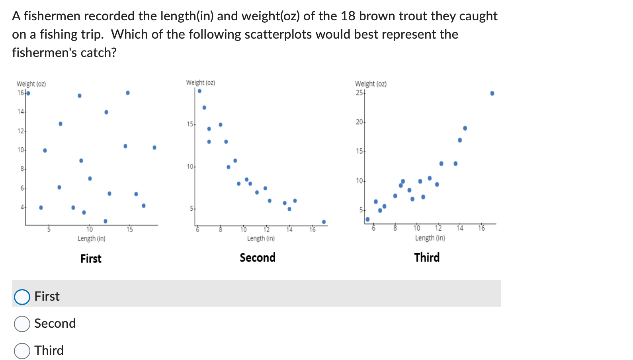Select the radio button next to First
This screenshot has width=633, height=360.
tap(22, 297)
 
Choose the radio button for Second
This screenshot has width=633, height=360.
tap(22, 324)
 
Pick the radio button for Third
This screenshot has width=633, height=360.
tap(22, 351)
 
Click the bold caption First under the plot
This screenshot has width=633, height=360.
tap(91, 258)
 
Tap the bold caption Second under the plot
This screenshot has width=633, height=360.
tap(257, 258)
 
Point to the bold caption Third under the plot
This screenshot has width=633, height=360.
tap(427, 258)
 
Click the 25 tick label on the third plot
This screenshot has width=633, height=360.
tap(359, 93)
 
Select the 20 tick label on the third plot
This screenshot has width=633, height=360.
tap(359, 122)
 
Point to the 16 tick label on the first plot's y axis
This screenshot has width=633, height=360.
tap(21, 93)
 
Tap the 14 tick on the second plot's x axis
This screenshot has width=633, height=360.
tap(289, 229)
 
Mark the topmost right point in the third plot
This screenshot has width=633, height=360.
tap(492, 93)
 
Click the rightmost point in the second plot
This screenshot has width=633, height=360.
tap(324, 222)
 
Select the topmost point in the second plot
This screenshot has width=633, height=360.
tap(199, 91)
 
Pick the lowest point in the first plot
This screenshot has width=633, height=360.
tap(105, 221)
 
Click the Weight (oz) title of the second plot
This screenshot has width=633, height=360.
tap(201, 83)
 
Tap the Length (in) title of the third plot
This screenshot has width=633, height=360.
tap(430, 238)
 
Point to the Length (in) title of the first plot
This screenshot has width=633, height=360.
tap(92, 239)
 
